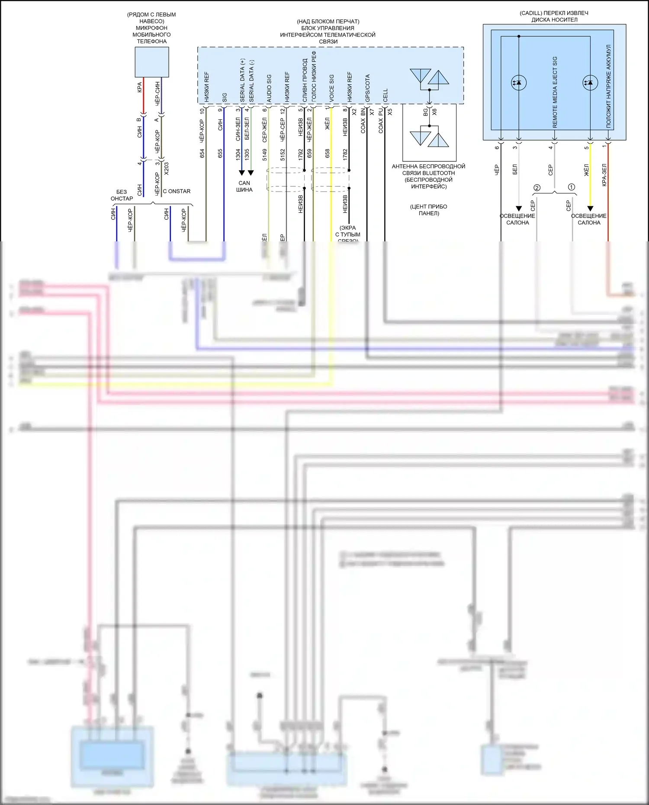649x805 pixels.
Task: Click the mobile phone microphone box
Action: click(x=151, y=62)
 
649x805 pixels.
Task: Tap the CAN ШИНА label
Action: click(x=244, y=186)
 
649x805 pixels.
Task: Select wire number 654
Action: click(x=202, y=154)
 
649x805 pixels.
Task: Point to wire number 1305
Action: click(x=247, y=154)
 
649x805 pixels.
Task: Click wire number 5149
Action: click(x=265, y=154)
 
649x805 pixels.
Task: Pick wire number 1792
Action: click(x=301, y=154)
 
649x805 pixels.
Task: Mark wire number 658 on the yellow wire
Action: click(x=328, y=153)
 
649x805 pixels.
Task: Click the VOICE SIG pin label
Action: click(x=332, y=88)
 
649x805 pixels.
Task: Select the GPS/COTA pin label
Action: click(x=367, y=88)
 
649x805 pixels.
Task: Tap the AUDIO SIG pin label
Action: click(x=269, y=88)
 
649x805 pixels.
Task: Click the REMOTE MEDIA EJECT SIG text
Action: click(x=555, y=92)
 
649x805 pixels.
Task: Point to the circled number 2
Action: click(x=537, y=188)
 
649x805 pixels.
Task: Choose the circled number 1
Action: click(x=572, y=187)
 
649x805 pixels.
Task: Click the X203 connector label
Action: click(x=167, y=168)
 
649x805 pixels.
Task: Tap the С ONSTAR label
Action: click(x=177, y=191)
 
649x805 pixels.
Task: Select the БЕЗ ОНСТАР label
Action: click(x=122, y=195)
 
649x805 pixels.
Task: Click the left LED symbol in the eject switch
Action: click(x=518, y=82)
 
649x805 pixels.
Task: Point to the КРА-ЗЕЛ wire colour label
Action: click(x=604, y=175)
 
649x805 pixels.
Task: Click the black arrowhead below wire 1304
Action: click(x=242, y=173)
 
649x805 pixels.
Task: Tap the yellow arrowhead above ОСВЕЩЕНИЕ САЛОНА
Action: click(x=590, y=208)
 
